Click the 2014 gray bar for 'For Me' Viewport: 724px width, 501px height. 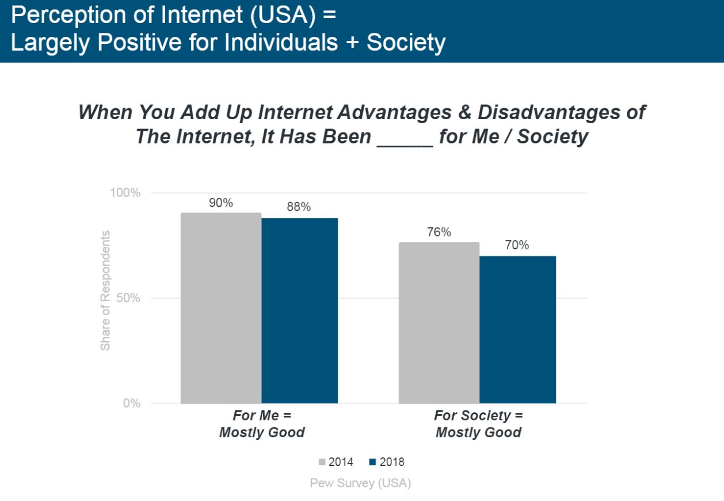pos(221,308)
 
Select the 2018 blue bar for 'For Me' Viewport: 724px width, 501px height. pos(300,311)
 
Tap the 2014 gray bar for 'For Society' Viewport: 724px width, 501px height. pos(439,322)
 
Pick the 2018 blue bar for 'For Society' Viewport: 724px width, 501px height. pos(518,329)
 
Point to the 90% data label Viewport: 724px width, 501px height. pos(221,203)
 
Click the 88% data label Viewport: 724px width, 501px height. pos(299,207)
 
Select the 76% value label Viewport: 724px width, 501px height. pos(439,233)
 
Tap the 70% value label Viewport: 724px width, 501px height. pos(517,245)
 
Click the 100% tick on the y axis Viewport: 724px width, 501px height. pos(125,193)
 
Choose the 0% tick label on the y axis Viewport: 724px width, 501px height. pos(132,403)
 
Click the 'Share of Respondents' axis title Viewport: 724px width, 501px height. pos(105,291)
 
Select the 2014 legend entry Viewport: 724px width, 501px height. pos(336,462)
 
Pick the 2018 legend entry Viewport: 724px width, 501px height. pos(387,462)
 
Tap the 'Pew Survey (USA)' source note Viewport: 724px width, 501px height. pos(360,483)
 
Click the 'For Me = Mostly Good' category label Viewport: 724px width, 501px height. pos(262,424)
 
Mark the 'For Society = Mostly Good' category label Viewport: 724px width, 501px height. pos(478,424)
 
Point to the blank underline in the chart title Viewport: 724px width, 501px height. pos(405,139)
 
